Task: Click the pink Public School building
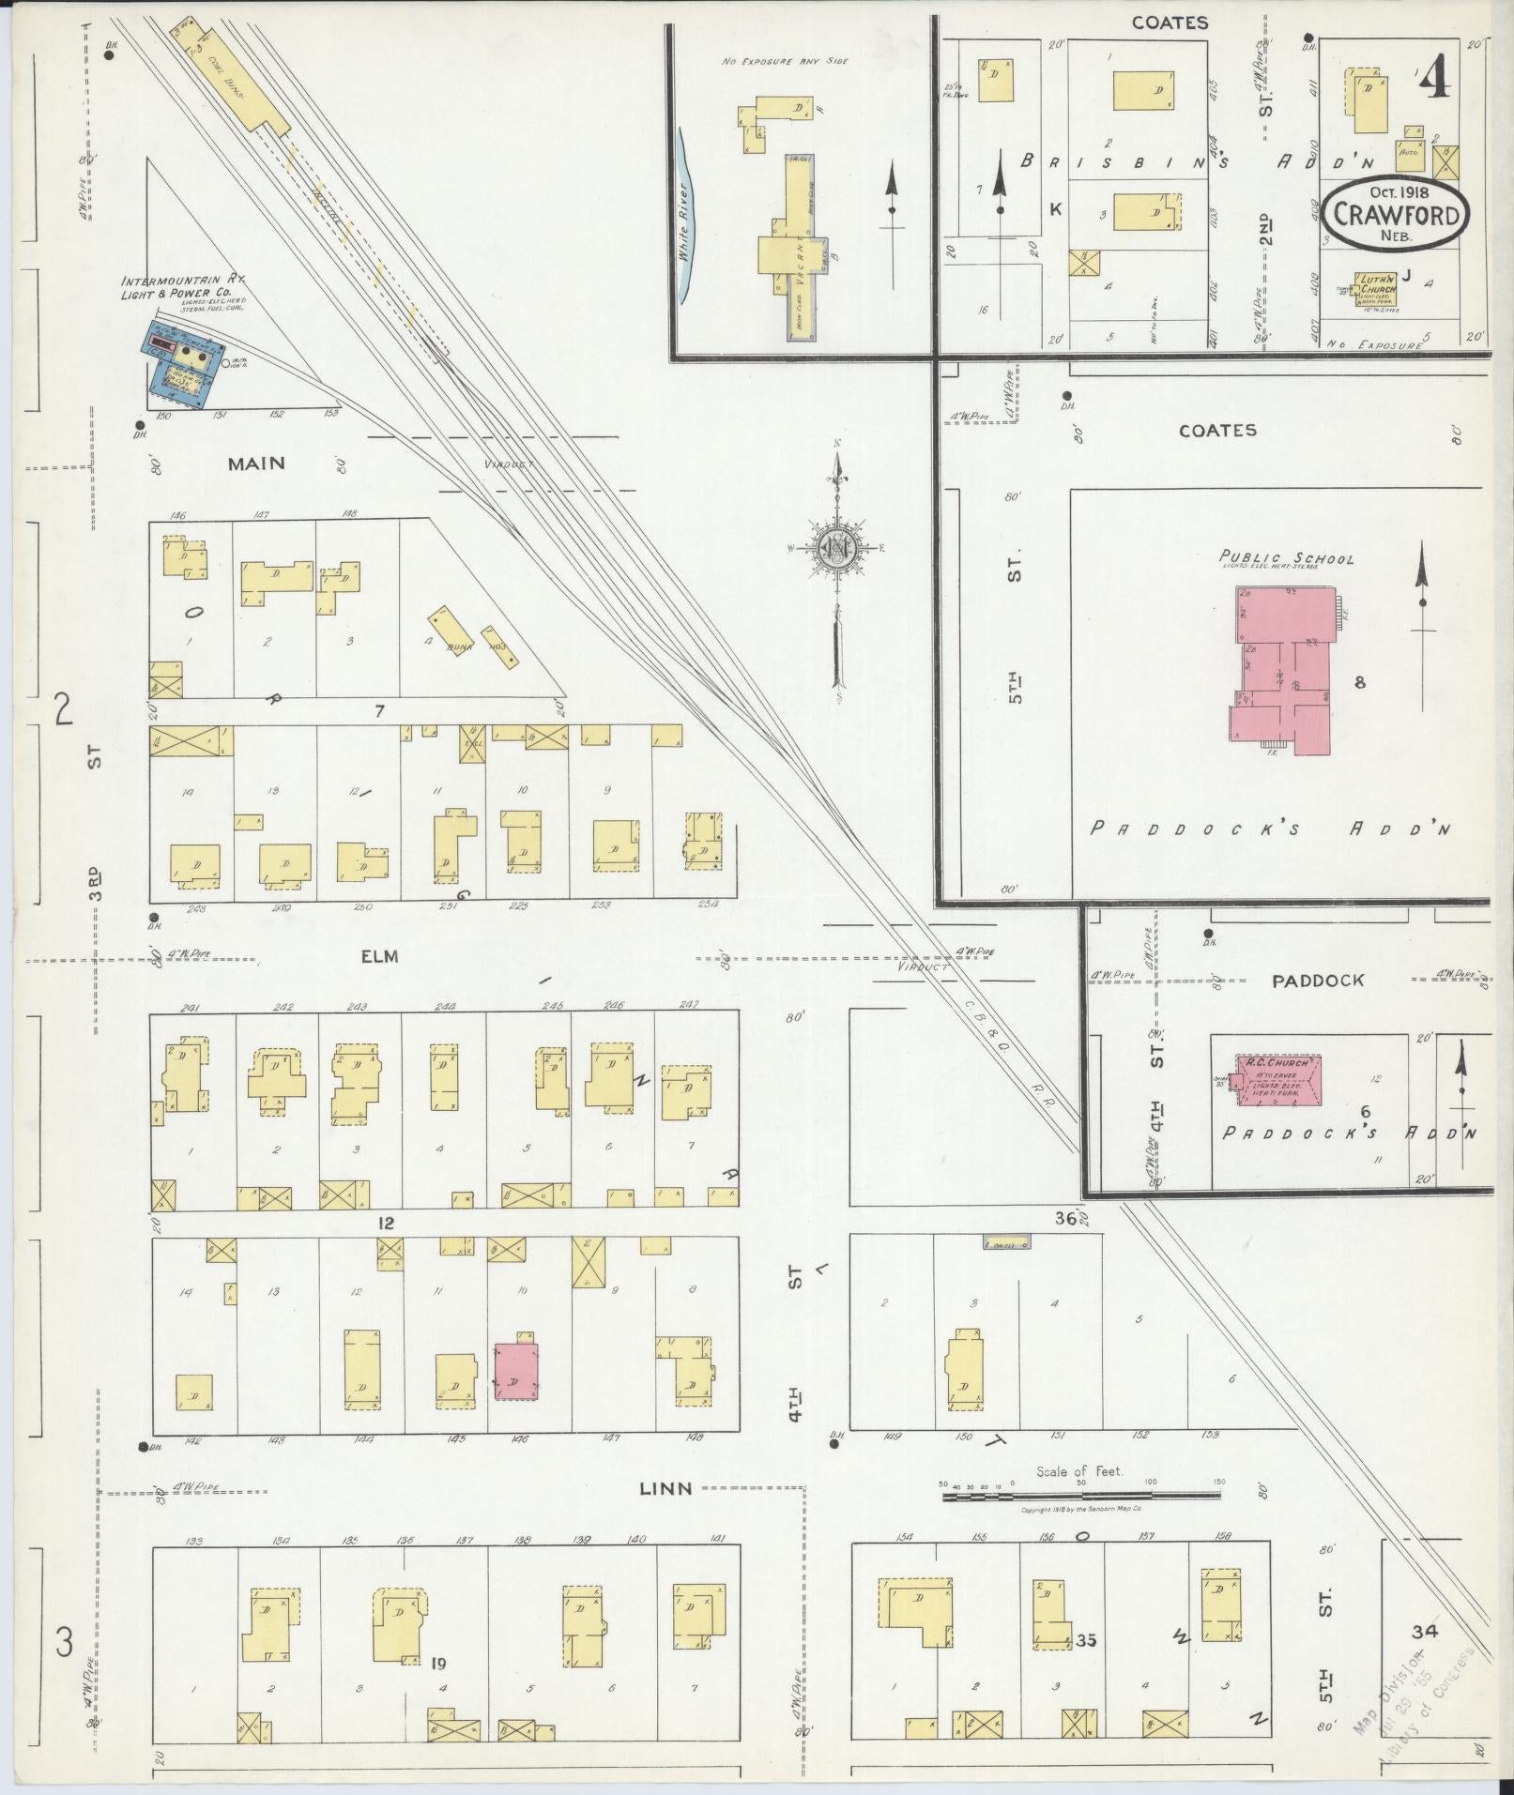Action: [x=1281, y=670]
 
